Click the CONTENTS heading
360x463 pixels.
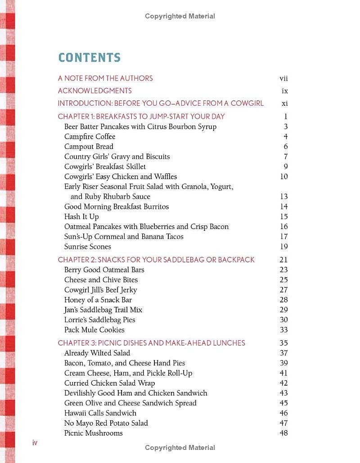[90, 58]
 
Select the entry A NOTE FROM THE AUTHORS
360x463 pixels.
[105, 78]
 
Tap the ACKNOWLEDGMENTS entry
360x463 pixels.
[94, 91]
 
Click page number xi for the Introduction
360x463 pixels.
[284, 103]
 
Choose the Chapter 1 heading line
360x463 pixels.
[141, 117]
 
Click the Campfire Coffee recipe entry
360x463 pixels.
[90, 137]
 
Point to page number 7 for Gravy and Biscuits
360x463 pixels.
[285, 157]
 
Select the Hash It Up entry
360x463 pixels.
[81, 217]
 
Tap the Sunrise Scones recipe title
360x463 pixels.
[87, 247]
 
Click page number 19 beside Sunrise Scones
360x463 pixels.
[283, 247]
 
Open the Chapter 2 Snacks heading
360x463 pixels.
[156, 260]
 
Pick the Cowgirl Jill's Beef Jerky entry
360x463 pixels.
[100, 290]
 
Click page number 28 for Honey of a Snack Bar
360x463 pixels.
[283, 300]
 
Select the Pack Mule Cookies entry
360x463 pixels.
[94, 330]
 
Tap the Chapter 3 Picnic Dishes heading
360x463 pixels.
[151, 343]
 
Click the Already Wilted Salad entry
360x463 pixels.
[97, 353]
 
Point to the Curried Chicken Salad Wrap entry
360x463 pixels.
[109, 383]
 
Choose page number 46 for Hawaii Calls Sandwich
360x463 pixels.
[283, 413]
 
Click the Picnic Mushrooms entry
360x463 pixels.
[93, 433]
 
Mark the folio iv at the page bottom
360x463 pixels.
[35, 443]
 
